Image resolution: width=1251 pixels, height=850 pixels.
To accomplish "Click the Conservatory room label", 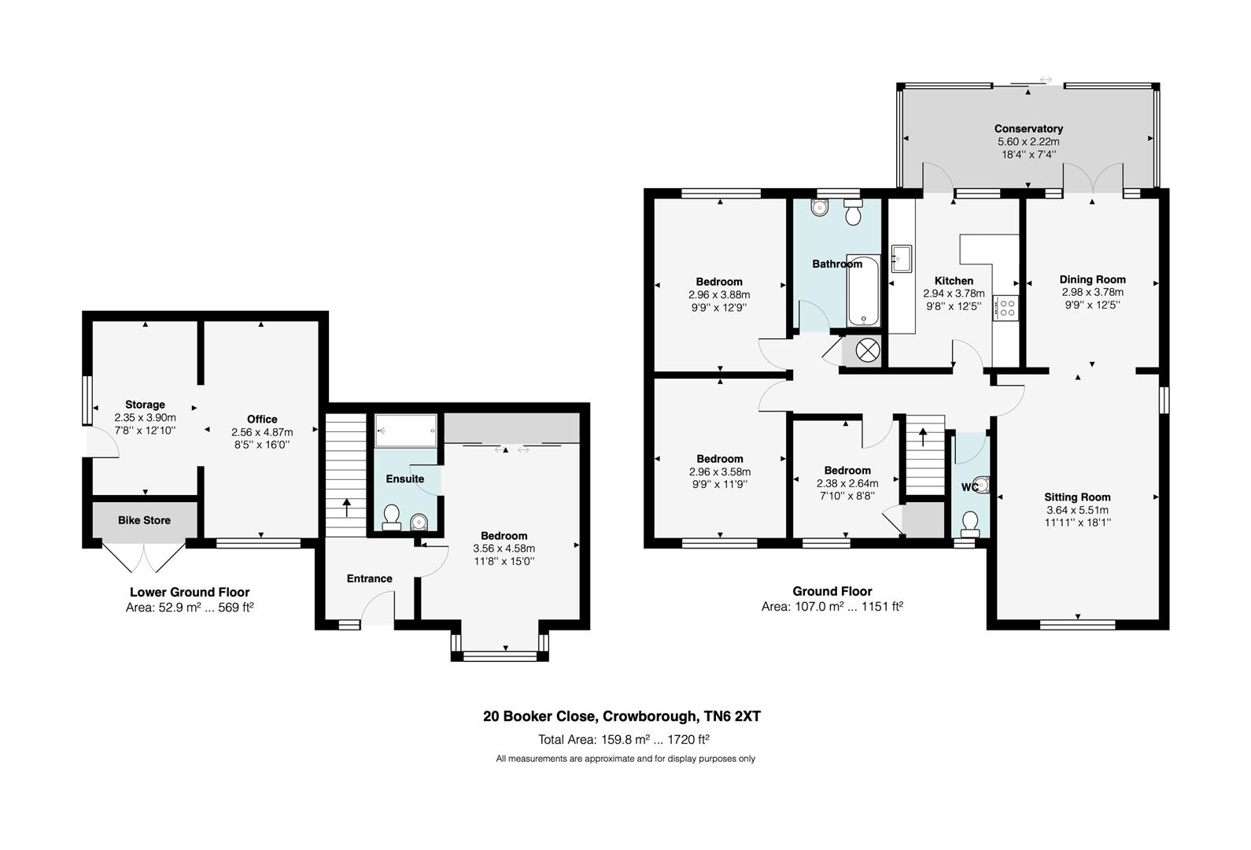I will click(1028, 128).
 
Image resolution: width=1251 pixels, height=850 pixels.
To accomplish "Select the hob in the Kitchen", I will click(1006, 308).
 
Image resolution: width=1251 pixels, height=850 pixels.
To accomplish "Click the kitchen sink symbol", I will click(901, 257).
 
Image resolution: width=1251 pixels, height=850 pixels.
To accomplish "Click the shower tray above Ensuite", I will click(405, 430).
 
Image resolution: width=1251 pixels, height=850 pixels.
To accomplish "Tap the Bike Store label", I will click(144, 520).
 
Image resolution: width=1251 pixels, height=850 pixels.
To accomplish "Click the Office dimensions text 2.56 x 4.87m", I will click(262, 432).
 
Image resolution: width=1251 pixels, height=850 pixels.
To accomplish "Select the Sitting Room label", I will click(1077, 497).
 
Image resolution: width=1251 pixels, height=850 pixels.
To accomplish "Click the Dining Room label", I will click(1092, 279).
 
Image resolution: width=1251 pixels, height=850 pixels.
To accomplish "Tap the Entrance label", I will click(369, 578).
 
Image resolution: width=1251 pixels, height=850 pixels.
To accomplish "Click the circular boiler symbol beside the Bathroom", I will click(866, 351).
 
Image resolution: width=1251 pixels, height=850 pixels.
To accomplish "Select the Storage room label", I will click(145, 405).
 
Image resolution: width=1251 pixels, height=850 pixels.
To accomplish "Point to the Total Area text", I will click(623, 739).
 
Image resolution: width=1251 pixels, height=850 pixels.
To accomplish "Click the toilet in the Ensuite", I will click(390, 517).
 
